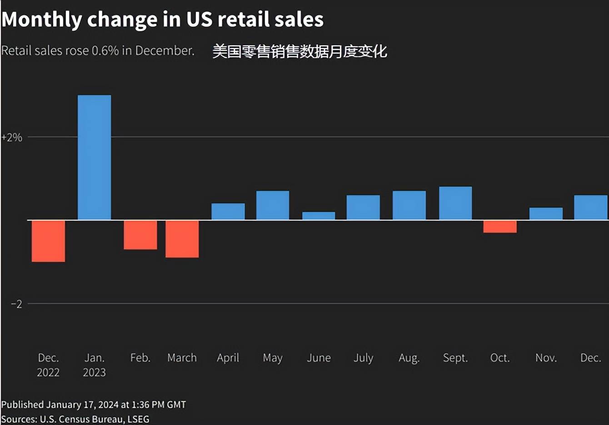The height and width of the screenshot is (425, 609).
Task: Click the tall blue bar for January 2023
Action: (x=94, y=158)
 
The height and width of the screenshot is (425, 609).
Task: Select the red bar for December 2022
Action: (x=48, y=241)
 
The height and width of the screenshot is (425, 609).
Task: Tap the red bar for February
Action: (x=140, y=235)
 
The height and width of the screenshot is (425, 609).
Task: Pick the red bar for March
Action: (x=182, y=239)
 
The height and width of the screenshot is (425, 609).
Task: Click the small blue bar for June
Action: (x=319, y=216)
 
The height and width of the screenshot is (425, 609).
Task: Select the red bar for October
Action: (x=500, y=227)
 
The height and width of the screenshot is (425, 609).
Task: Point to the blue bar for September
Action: (x=455, y=203)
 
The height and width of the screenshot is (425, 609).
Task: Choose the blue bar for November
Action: (x=546, y=214)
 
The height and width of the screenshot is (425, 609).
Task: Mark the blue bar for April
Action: (x=228, y=212)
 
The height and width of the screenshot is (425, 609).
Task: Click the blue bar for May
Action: (x=273, y=205)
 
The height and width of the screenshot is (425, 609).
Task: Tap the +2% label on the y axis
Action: (x=12, y=138)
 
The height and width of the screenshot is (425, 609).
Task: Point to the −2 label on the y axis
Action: (x=16, y=304)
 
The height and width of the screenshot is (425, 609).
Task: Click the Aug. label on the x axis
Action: (x=409, y=358)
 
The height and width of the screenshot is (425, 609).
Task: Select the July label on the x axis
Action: (x=363, y=358)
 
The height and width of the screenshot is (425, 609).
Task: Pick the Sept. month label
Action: (x=455, y=358)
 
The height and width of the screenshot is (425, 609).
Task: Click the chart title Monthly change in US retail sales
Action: (x=162, y=20)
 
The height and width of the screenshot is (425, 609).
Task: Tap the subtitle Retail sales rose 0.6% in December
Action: (x=98, y=50)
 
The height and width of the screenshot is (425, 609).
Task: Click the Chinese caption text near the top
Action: (x=300, y=51)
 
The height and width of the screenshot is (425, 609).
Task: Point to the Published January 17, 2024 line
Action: (x=94, y=405)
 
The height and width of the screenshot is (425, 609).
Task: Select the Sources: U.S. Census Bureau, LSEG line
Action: (x=75, y=419)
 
